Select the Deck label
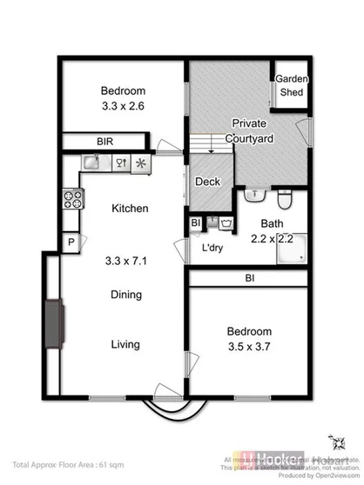point(207,182)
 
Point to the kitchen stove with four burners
point(71,199)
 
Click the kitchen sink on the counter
point(91,163)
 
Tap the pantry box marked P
point(69,242)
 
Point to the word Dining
point(126,295)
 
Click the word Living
point(125,345)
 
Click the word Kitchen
point(130,209)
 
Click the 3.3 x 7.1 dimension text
point(129,258)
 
